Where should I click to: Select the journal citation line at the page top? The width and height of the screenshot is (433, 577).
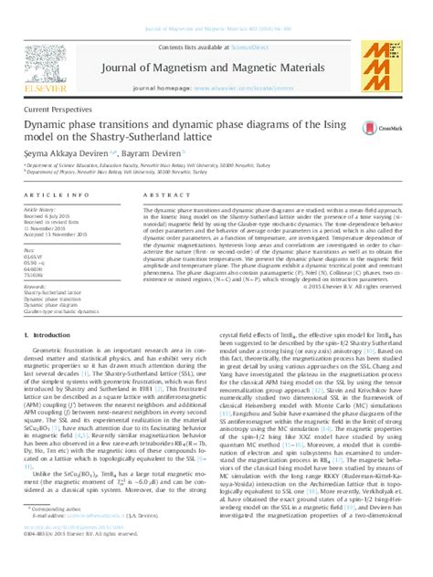pos(216,7)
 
